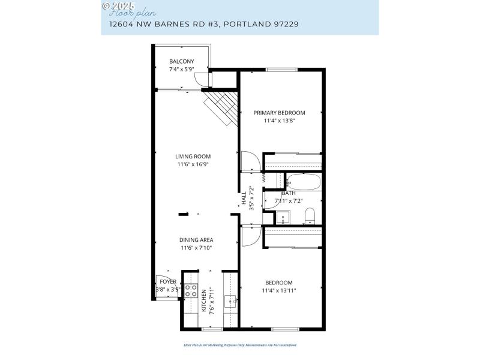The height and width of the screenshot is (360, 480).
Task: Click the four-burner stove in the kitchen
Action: click(x=191, y=291)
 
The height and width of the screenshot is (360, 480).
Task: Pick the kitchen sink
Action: click(x=231, y=301)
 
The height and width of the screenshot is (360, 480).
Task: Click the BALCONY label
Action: click(x=181, y=61)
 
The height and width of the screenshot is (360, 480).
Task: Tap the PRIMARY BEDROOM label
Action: click(x=279, y=112)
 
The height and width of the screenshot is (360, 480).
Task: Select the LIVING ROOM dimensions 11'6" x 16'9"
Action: click(x=193, y=164)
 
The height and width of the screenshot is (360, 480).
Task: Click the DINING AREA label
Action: click(x=196, y=240)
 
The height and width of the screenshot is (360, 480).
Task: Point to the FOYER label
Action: click(x=168, y=281)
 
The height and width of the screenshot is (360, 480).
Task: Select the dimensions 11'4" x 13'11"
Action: click(x=279, y=290)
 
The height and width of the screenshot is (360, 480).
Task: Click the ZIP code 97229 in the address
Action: click(x=286, y=25)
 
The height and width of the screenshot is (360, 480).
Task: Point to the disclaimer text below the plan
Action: click(x=240, y=345)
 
